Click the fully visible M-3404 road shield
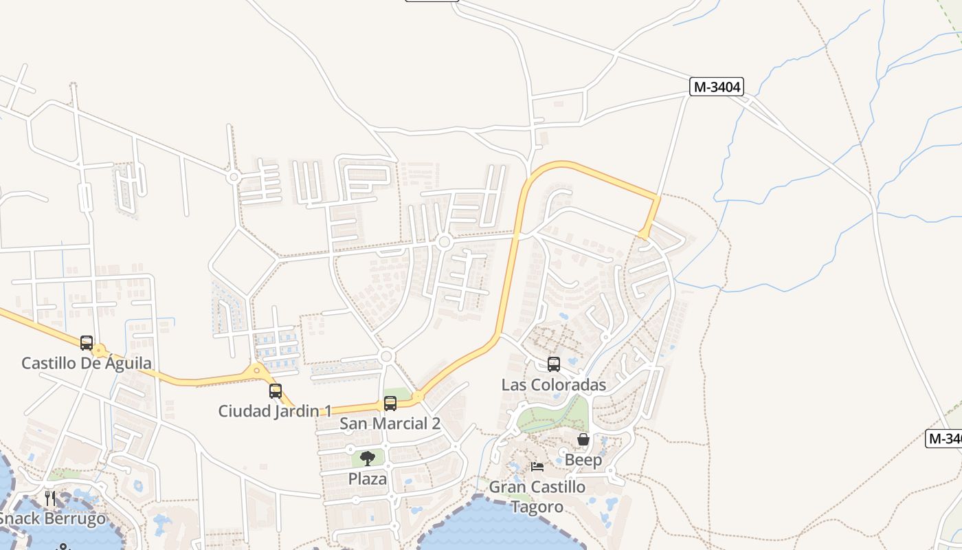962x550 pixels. pos(716,87)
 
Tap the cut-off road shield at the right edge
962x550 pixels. pos(945,438)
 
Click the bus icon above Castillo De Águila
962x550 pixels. pos(87,342)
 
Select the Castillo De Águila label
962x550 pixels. pos(87,363)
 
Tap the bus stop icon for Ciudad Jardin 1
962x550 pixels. pos(276,390)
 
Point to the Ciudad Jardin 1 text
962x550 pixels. pos(275,411)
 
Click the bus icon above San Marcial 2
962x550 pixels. pos(390,403)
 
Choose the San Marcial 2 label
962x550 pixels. pos(390,423)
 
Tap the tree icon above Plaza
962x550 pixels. pos(368,458)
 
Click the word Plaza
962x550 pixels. pos(368,478)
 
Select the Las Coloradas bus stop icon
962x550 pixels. pos(554,364)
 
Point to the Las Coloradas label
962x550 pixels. pos(554,384)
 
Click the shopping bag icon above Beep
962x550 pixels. pos(583,439)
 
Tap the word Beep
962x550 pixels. pos(583,460)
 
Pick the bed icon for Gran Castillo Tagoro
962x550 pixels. pos(537,467)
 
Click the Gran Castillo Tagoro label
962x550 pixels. pos(537,497)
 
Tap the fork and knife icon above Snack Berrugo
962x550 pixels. pos(50,498)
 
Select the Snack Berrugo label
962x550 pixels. pos(52,518)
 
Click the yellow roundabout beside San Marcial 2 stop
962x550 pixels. pos(418,397)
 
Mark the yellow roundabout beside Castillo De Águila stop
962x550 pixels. pos(100,351)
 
